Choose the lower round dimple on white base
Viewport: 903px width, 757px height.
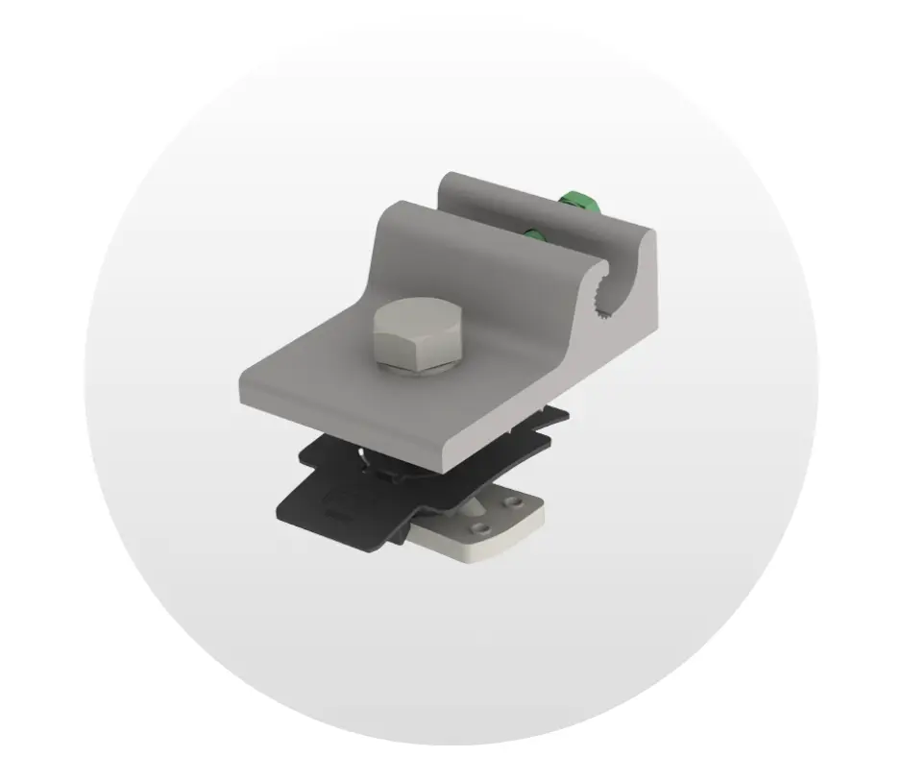pyautogui.click(x=482, y=528)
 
